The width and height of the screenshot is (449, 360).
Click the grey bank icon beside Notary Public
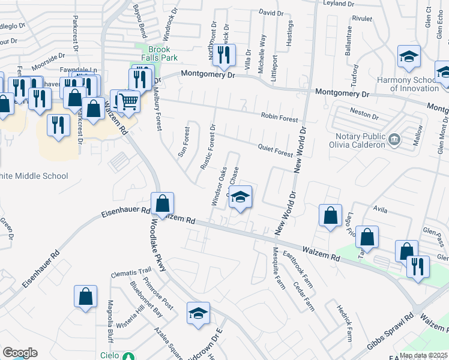[x=394, y=140]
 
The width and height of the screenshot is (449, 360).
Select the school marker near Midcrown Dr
[x=198, y=313]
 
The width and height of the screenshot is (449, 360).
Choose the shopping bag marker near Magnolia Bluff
[x=86, y=296]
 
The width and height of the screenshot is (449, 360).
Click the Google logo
[x=20, y=353]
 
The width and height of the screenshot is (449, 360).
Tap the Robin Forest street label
[x=279, y=119]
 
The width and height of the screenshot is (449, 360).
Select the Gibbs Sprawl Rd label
[x=390, y=334]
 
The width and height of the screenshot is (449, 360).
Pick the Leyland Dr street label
[x=339, y=4]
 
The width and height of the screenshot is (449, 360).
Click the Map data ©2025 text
[x=424, y=355]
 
